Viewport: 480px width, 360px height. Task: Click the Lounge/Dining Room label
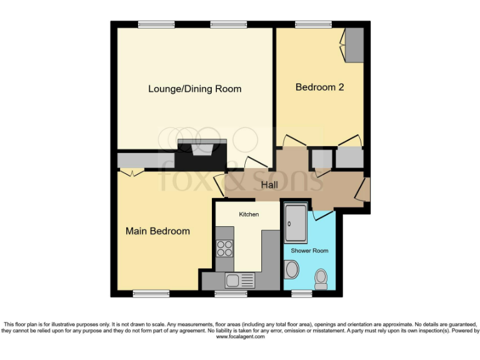coord(194,89)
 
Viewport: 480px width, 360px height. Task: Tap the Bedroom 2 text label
coord(319,87)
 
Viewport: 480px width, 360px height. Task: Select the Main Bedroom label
coord(157,231)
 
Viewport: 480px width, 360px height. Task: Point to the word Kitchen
coord(249,214)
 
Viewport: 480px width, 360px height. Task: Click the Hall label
coord(269,185)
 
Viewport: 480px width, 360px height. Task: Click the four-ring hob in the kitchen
coord(224,249)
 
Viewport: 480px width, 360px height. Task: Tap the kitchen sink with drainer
coord(240,281)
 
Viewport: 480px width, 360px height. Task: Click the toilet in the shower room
coord(321,279)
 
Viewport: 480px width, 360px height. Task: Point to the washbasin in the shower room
coord(291,270)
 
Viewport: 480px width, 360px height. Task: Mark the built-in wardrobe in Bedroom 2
coord(354,45)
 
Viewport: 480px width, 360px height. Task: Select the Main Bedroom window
coord(151,293)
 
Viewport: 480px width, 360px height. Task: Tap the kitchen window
coord(226,293)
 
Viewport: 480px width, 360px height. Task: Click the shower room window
coord(302,293)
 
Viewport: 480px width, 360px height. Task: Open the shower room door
coord(323,214)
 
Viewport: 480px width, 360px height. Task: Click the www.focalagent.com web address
coord(240,337)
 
